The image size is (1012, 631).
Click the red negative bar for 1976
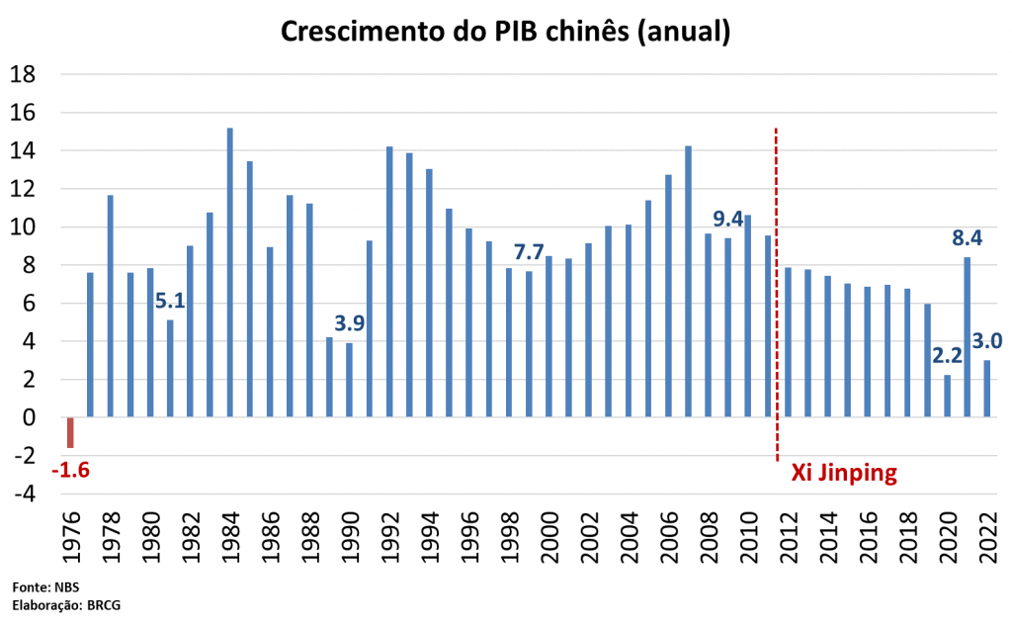pyautogui.click(x=70, y=432)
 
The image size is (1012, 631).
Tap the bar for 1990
pyautogui.click(x=350, y=380)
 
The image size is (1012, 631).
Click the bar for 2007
pyautogui.click(x=689, y=282)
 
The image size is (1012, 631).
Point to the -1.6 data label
pyautogui.click(x=70, y=469)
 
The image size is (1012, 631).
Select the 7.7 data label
pyautogui.click(x=530, y=251)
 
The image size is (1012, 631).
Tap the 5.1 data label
pyautogui.click(x=171, y=299)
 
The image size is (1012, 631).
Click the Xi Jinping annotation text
pyautogui.click(x=844, y=473)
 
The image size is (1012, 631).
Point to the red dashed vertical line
pyautogui.click(x=776, y=297)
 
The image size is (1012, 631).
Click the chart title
pyautogui.click(x=505, y=31)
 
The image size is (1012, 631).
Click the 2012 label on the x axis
pyautogui.click(x=789, y=542)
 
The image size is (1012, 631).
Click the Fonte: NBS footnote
pyautogui.click(x=45, y=586)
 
